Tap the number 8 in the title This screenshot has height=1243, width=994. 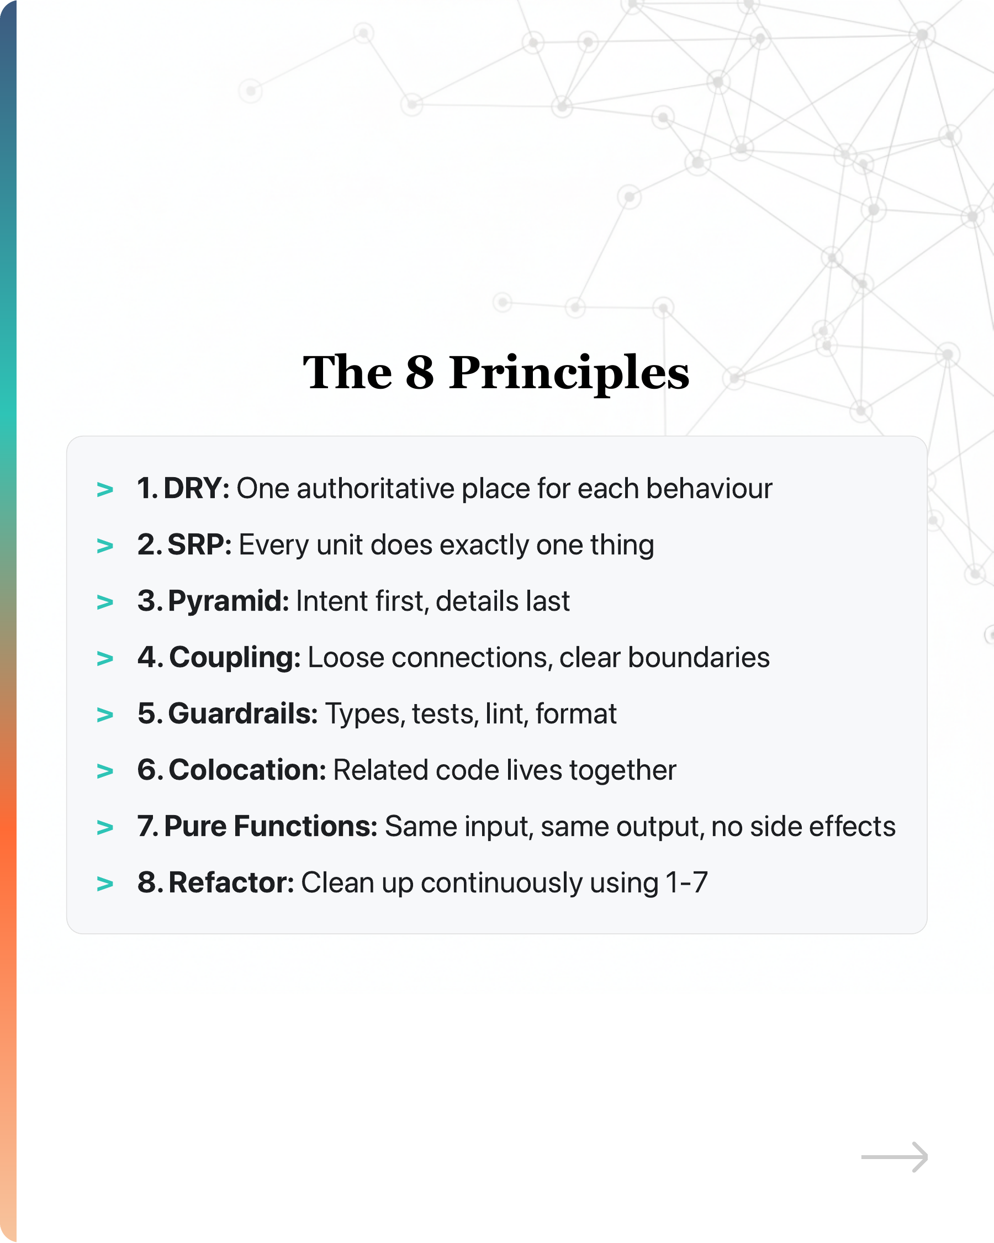[x=420, y=373]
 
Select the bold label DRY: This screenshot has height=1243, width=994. [x=197, y=489]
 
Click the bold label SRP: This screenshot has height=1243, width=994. [x=199, y=545]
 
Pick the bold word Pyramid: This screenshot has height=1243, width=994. [x=228, y=601]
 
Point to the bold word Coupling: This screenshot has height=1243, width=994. [x=235, y=658]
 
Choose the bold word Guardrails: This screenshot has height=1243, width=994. [x=243, y=714]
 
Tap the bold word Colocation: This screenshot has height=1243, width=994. [x=247, y=770]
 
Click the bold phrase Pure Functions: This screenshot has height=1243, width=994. [x=271, y=826]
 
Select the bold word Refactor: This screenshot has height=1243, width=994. [x=231, y=882]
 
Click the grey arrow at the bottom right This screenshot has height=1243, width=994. [x=894, y=1157]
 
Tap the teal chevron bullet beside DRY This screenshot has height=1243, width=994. [x=105, y=490]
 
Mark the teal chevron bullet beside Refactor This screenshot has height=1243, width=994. [x=105, y=884]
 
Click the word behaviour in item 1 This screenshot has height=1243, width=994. [x=709, y=489]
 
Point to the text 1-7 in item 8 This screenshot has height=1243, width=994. [x=686, y=882]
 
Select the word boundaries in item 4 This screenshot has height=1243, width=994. [x=698, y=658]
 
